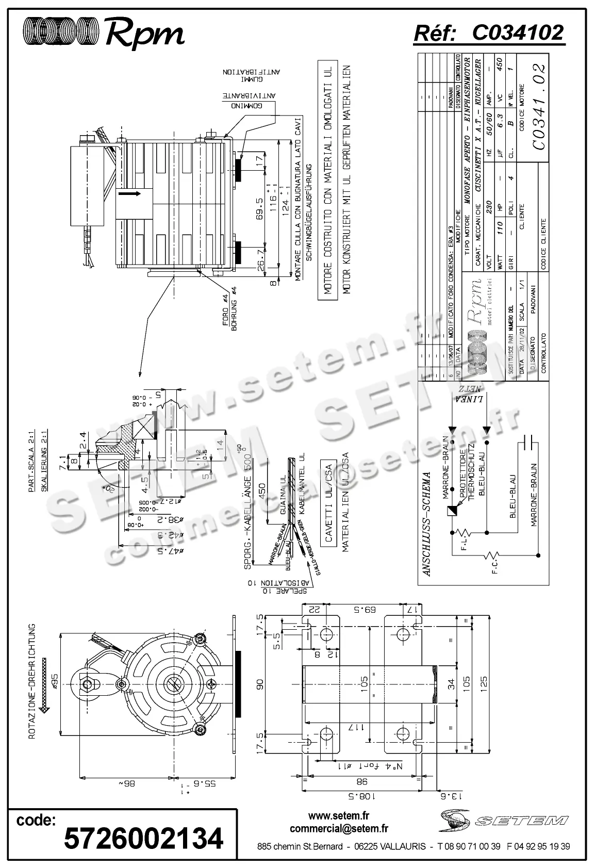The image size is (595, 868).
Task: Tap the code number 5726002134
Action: click(x=143, y=838)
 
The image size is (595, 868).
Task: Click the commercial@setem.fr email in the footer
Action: click(x=339, y=828)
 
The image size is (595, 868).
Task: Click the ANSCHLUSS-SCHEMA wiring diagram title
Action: click(x=426, y=523)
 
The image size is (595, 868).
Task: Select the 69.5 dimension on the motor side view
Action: click(x=259, y=207)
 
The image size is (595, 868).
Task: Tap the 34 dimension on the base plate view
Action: click(x=451, y=684)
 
